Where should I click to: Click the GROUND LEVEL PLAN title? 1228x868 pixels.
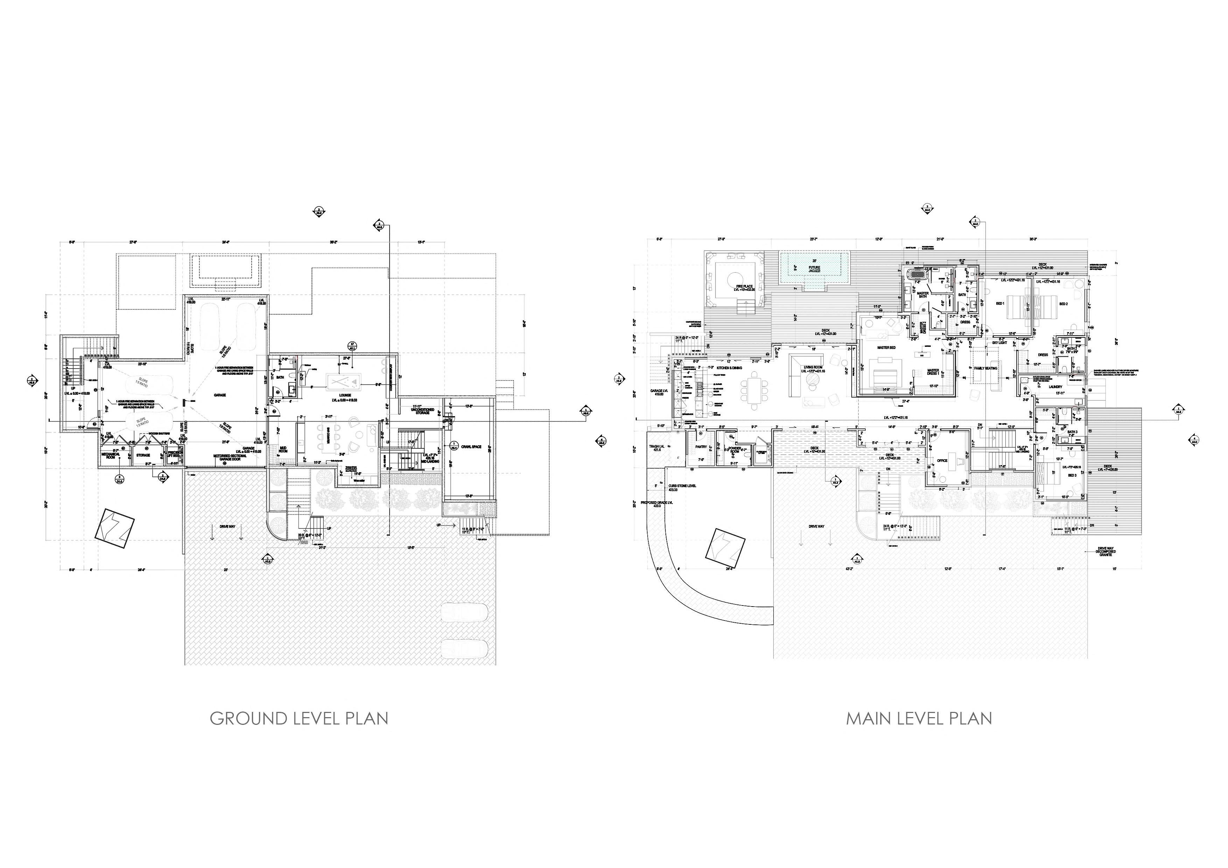[x=299, y=718]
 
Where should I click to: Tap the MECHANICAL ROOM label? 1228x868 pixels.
[x=112, y=456]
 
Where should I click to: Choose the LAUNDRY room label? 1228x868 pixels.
[x=1055, y=387]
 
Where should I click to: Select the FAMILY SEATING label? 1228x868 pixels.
[x=986, y=369]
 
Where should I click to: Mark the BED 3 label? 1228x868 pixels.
[x=1056, y=475]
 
